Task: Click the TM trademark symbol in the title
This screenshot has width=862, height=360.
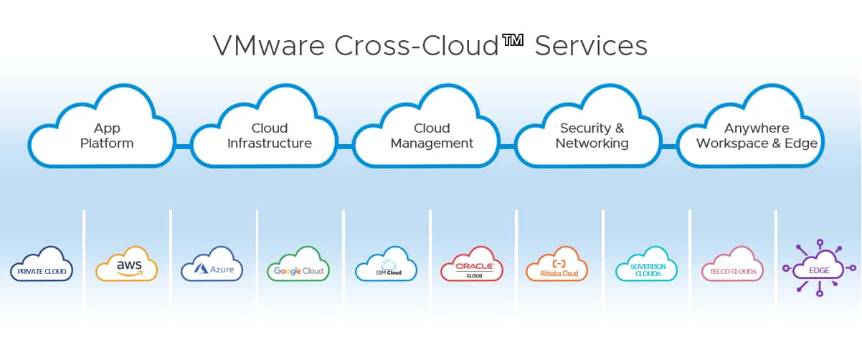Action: [x=513, y=40]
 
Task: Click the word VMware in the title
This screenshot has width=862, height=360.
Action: [x=269, y=46]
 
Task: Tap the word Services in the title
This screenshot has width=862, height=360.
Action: [x=591, y=46]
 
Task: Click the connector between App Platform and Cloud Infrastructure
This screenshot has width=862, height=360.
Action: [x=183, y=146]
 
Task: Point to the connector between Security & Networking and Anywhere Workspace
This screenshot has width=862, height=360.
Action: [x=670, y=146]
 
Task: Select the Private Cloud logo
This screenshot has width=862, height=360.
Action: [x=42, y=264]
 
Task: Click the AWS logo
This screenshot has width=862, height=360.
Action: [x=127, y=264]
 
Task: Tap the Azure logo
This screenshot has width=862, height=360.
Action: [x=212, y=264]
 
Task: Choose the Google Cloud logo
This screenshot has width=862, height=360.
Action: [x=298, y=264]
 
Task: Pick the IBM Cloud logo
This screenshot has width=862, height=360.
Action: [x=386, y=264]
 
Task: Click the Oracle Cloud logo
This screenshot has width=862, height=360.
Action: [x=472, y=264]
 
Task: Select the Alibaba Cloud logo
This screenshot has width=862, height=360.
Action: [x=556, y=264]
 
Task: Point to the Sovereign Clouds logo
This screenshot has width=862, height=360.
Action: [x=647, y=264]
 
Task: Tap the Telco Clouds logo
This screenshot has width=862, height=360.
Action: [x=732, y=264]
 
